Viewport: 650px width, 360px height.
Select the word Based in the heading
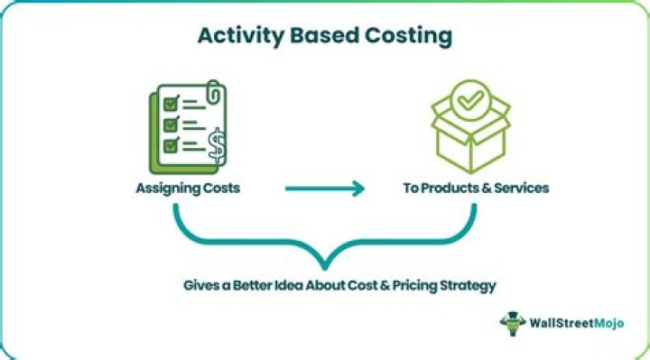[319, 38]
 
